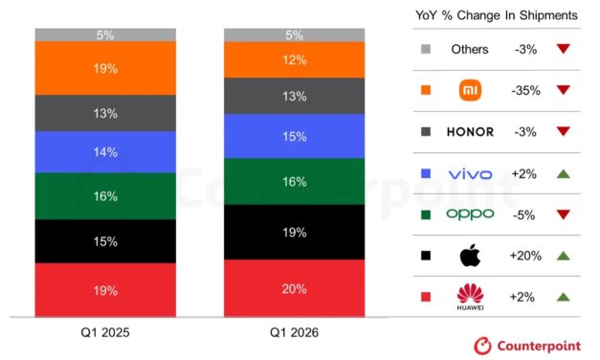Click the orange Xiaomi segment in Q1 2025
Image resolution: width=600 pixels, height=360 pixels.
coord(105,68)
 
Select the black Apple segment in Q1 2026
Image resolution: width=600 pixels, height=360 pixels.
coord(294,232)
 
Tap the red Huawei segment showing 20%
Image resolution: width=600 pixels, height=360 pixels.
coord(294,288)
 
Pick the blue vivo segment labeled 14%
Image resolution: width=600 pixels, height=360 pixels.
coord(105,151)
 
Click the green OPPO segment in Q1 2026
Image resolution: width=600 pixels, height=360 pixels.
coord(294,181)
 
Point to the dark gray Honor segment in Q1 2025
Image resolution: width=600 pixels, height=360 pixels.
coord(105,113)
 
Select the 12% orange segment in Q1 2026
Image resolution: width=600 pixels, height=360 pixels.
coord(294,59)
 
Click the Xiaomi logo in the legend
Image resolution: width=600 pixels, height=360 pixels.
coord(470,91)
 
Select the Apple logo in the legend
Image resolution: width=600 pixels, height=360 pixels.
coord(470,256)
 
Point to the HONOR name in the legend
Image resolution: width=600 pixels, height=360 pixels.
coord(470,132)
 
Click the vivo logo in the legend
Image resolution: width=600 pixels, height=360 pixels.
coord(470,173)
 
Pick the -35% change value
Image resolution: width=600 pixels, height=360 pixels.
coord(526,91)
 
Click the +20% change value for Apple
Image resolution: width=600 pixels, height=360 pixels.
coord(526,256)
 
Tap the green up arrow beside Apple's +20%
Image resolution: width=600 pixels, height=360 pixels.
coord(563,256)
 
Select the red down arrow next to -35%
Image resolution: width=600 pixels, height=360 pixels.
coord(563,91)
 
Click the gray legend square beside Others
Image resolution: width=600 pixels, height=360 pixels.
coord(424,50)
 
